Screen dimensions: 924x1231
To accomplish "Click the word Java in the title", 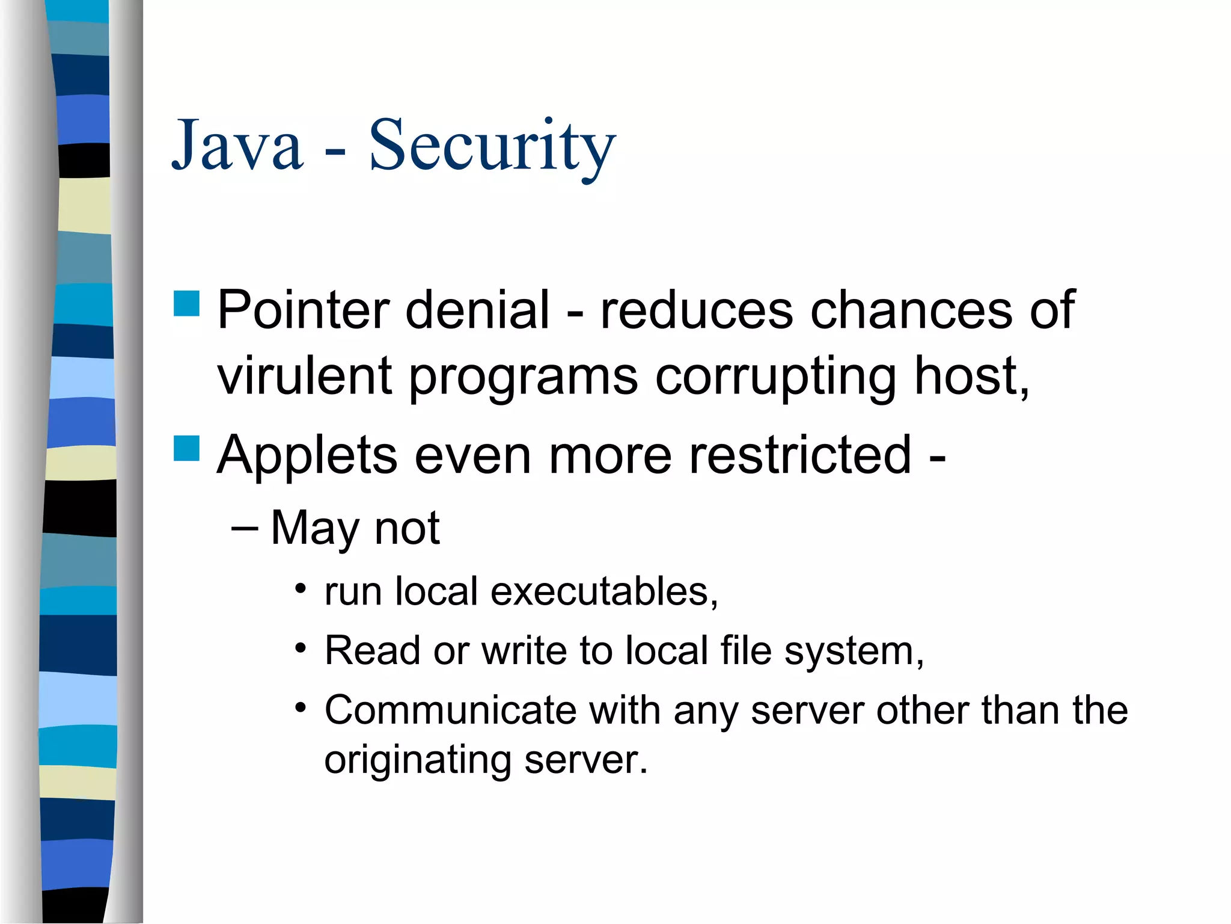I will (237, 146).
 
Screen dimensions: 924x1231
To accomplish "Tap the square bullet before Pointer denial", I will (186, 303).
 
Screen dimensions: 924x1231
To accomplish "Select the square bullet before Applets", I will (186, 448).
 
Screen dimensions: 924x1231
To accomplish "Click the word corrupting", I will (775, 378).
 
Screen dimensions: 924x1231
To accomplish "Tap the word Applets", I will (307, 456).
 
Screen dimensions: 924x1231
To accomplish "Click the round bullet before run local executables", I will (301, 587).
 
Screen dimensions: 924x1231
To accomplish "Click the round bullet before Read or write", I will (301, 647).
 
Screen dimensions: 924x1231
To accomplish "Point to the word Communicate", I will (450, 710).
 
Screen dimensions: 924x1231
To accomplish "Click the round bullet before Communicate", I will (301, 706).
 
